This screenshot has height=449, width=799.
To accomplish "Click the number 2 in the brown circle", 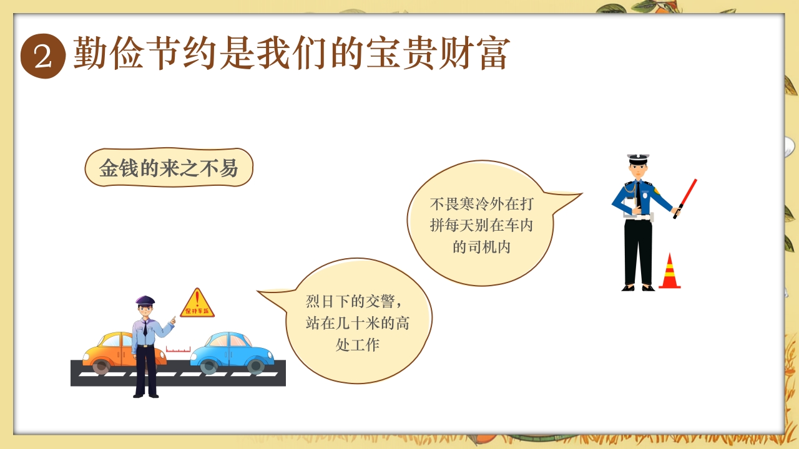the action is (x=43, y=57).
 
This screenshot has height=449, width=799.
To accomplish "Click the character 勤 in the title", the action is (x=91, y=53).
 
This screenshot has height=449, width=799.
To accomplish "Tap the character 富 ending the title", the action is (x=493, y=53).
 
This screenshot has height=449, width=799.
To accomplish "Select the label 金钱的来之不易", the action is (x=169, y=168).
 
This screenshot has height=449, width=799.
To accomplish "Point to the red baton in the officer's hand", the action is (x=685, y=198).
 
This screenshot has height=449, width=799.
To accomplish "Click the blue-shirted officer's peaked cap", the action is (x=639, y=159).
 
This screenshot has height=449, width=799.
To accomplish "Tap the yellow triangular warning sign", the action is (x=197, y=303).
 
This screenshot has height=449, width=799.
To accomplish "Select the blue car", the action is (x=232, y=353).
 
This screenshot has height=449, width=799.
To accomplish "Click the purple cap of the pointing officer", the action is (x=145, y=300).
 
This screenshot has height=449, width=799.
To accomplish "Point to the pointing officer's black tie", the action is (x=145, y=328).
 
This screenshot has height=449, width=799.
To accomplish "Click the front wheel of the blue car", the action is (x=255, y=366).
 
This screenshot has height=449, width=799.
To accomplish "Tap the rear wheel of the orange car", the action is (x=101, y=366).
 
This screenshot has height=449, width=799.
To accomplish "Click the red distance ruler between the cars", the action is (x=178, y=349).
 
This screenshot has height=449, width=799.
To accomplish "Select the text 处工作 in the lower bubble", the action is (x=358, y=345).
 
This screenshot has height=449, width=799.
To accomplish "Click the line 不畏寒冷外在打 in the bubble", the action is (x=481, y=204).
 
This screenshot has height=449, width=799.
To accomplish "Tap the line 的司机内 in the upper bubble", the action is (x=481, y=246).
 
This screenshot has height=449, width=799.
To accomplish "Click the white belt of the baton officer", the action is (x=639, y=217).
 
